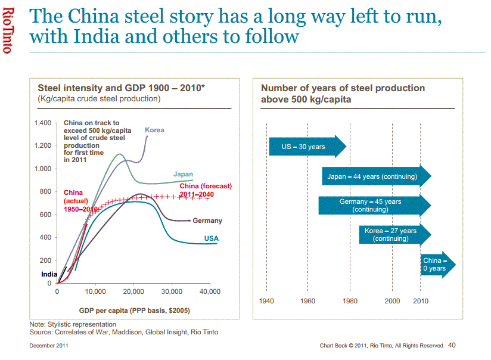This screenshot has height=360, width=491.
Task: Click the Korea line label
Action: (154, 130)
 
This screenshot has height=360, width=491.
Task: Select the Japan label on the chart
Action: (183, 174)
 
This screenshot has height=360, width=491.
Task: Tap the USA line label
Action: (212, 238)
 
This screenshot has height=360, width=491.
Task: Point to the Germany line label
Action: (207, 221)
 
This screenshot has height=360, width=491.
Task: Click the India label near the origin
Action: (49, 274)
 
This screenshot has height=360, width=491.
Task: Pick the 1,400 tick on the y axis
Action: (43, 123)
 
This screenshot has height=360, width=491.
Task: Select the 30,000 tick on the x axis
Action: (172, 291)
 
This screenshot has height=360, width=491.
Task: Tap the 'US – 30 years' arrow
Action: (306, 147)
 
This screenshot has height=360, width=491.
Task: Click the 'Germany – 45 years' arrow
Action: (373, 206)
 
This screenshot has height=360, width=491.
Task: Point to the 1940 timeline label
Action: (267, 301)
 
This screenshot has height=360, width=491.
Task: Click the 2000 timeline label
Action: (392, 301)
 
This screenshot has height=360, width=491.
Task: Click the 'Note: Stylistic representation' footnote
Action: (73, 324)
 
